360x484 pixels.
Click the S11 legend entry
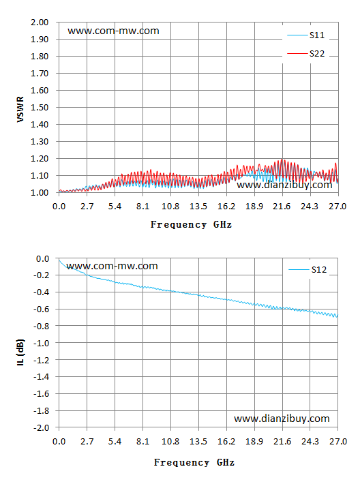tap(306, 35)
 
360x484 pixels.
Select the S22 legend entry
tap(306, 54)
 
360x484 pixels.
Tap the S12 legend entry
tap(307, 270)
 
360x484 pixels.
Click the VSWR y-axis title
tap(20, 109)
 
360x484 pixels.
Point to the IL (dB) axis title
tap(20, 353)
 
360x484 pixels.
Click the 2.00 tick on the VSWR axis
tap(40, 22)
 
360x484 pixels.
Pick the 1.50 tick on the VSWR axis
tap(40, 108)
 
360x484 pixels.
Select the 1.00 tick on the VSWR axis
tap(40, 193)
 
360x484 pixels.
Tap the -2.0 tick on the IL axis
tap(42, 428)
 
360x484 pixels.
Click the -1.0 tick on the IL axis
tap(42, 344)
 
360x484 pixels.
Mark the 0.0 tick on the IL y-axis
tap(42, 258)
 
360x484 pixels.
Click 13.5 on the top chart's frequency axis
tap(198, 207)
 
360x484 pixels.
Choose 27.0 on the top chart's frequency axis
tap(337, 207)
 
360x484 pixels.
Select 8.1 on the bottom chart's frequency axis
tap(142, 442)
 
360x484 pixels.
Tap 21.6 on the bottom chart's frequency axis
tap(282, 442)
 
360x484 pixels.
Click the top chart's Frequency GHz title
tap(191, 225)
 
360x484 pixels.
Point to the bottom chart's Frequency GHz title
tap(194, 462)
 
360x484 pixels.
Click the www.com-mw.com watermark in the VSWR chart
tap(113, 31)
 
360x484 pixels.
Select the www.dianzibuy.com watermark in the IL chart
tap(282, 419)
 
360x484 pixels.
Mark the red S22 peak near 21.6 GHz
tap(282, 160)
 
